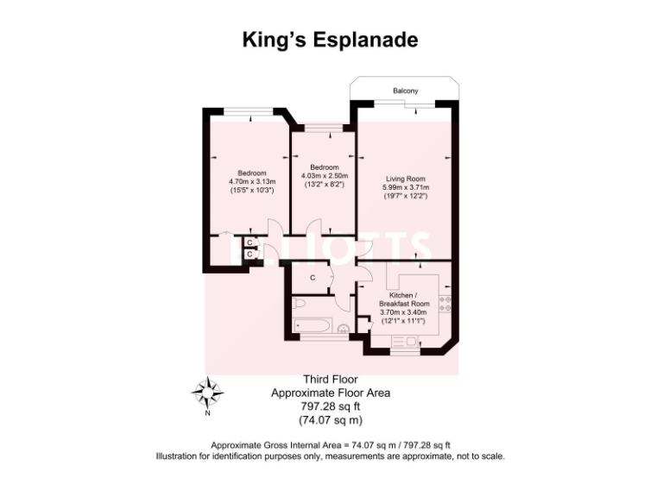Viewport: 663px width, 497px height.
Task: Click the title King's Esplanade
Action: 331,40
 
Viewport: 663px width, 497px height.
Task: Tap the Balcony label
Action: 406,90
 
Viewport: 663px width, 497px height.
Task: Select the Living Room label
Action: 406,179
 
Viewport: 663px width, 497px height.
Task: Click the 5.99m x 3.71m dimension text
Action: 406,188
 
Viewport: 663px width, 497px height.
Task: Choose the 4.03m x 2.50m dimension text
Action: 325,175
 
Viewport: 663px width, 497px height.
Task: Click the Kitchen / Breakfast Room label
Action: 406,299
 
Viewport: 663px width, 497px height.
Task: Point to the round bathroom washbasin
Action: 343,328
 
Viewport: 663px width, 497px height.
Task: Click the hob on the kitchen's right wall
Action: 448,303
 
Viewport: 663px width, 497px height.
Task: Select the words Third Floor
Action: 331,379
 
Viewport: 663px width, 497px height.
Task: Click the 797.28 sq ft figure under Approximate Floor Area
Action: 331,406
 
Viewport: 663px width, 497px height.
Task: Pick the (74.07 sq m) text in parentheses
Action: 331,420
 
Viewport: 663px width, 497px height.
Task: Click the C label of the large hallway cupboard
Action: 313,277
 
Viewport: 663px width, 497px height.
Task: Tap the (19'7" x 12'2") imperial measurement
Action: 406,198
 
